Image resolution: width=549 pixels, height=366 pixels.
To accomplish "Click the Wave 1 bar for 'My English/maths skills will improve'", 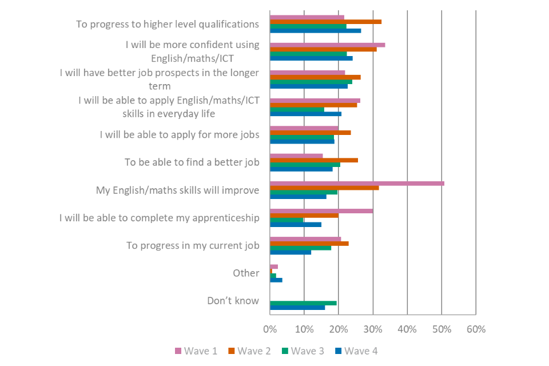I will click(x=357, y=183).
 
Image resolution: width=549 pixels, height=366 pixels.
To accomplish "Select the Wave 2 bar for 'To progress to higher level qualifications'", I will click(x=326, y=22).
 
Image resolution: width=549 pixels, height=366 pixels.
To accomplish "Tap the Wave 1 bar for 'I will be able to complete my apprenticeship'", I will click(x=321, y=211).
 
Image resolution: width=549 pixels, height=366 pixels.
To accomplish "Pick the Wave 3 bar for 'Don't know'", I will click(x=303, y=303).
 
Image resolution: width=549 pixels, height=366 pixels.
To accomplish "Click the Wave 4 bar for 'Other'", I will click(x=276, y=280).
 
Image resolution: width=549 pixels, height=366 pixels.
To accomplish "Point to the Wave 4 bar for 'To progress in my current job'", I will click(x=291, y=252).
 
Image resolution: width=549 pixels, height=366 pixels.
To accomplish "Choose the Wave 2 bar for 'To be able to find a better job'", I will click(x=314, y=160).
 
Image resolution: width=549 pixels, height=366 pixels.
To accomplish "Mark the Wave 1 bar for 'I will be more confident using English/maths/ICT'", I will click(x=328, y=45).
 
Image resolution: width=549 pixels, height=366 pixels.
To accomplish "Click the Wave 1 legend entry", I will click(x=196, y=351).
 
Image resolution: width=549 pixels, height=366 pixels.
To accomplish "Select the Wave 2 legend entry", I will click(x=249, y=351).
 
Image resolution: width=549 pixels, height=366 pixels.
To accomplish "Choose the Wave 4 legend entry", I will click(x=356, y=351).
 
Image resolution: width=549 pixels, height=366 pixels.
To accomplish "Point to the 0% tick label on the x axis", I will click(x=270, y=329).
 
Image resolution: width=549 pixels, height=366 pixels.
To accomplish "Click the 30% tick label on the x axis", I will click(x=373, y=329).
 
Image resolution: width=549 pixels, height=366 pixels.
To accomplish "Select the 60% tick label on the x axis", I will click(x=476, y=329).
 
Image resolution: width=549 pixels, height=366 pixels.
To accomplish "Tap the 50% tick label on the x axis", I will click(x=441, y=329).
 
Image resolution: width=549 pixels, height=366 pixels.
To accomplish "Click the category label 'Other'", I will click(x=246, y=273).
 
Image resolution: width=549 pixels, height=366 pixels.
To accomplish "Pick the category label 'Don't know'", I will click(x=233, y=301).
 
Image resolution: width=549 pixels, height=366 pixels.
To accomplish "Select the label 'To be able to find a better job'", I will click(x=192, y=162).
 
